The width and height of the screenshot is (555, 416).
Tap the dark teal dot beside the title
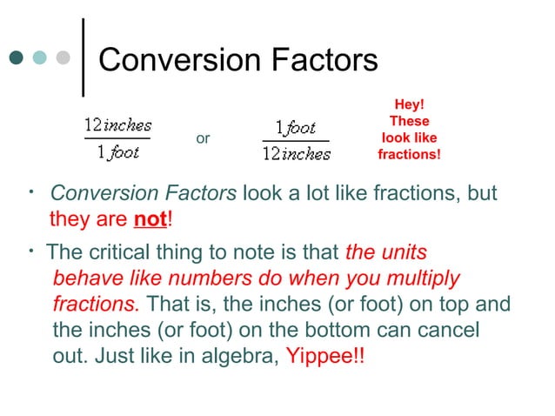[x=17, y=58]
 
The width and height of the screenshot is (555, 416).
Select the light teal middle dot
[x=40, y=58]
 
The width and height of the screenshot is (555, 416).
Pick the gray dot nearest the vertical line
[x=63, y=58]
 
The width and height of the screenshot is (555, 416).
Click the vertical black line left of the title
[x=83, y=57]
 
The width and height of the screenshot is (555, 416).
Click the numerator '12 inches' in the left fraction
[x=117, y=124]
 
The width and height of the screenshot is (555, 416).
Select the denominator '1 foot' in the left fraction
[x=117, y=151]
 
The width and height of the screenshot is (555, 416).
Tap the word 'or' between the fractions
[x=203, y=138]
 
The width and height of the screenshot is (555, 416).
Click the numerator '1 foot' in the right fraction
[x=296, y=128]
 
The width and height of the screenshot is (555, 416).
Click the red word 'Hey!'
[x=409, y=105]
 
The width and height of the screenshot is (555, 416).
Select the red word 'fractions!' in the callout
[x=409, y=155]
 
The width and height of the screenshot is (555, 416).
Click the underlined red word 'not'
[x=150, y=219]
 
